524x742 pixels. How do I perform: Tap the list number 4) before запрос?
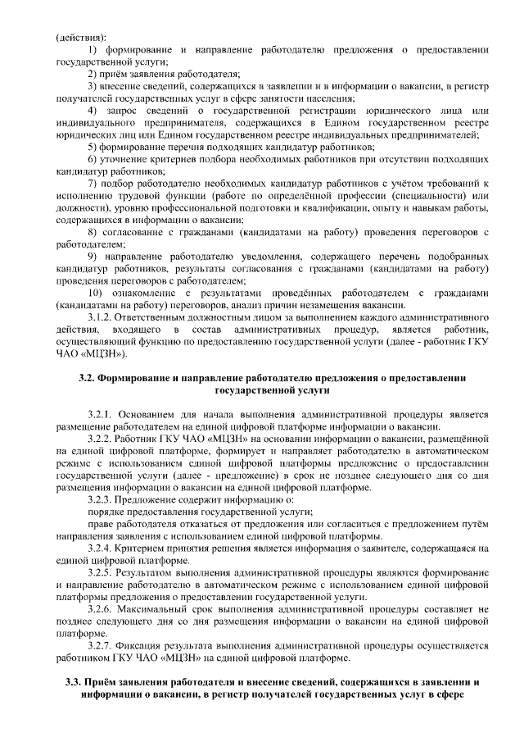pyautogui.click(x=93, y=111)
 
